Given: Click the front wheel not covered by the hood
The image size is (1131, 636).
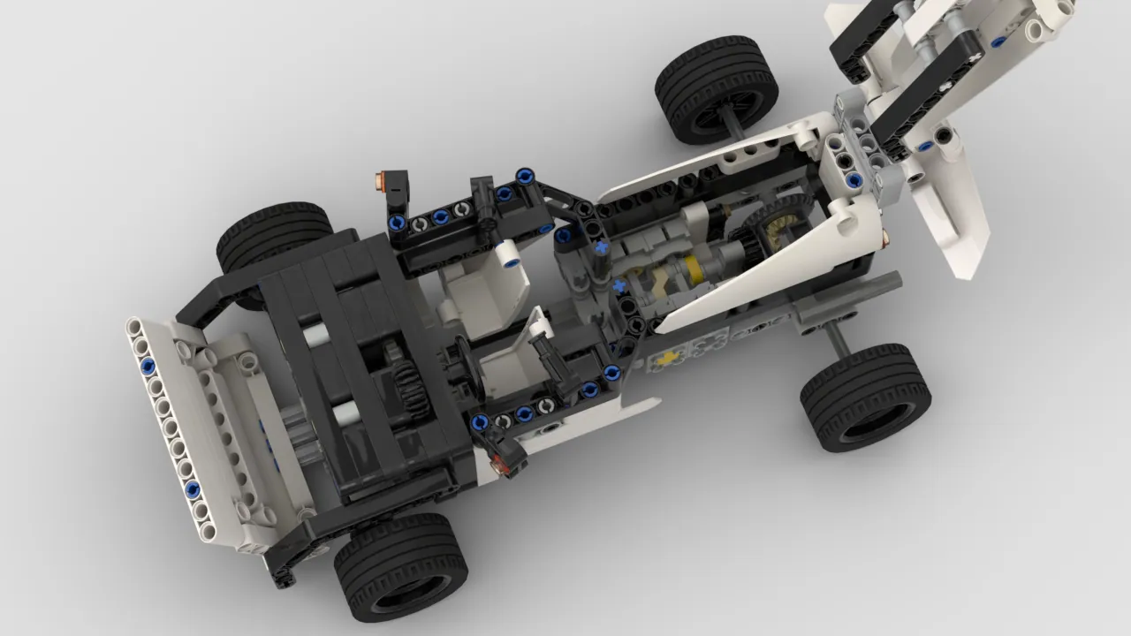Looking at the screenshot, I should pos(400,565).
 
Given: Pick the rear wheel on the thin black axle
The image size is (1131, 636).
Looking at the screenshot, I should pos(717,88).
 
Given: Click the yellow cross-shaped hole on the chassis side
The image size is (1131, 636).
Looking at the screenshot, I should pos(669,358).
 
